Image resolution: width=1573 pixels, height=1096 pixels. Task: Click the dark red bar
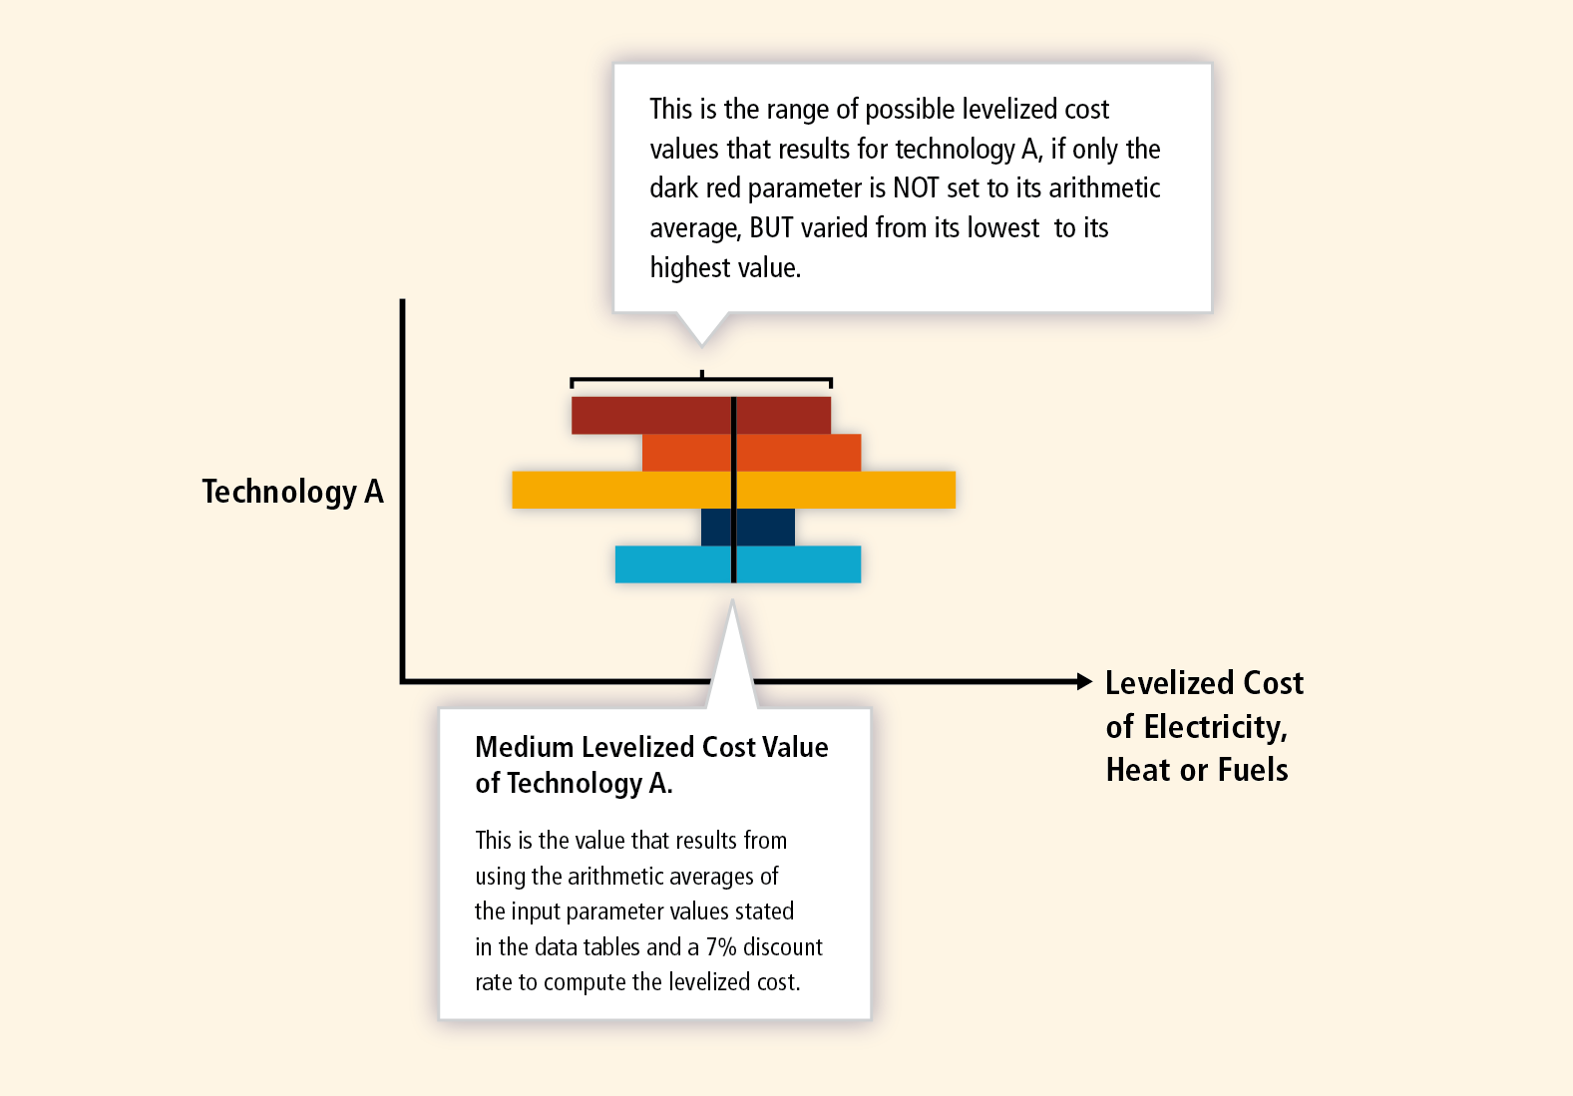pyautogui.click(x=701, y=415)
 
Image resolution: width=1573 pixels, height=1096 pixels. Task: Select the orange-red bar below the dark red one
pyautogui.click(x=751, y=453)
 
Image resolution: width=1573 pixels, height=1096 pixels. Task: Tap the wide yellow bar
pyautogui.click(x=734, y=490)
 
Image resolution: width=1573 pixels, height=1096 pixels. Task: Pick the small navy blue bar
pyautogui.click(x=748, y=528)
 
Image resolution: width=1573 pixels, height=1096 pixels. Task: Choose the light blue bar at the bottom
pyautogui.click(x=738, y=564)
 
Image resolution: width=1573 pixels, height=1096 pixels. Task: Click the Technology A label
pyautogui.click(x=293, y=492)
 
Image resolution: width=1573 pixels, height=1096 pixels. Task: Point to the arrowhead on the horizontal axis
pyautogui.click(x=1085, y=681)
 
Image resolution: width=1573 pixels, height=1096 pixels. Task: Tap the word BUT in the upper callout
pyautogui.click(x=771, y=228)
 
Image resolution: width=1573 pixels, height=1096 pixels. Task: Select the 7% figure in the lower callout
pyautogui.click(x=721, y=947)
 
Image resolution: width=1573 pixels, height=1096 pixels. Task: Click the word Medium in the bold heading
pyautogui.click(x=524, y=747)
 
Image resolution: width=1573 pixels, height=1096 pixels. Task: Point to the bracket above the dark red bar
pyautogui.click(x=701, y=380)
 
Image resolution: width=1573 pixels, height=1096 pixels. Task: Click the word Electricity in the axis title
pyautogui.click(x=1216, y=727)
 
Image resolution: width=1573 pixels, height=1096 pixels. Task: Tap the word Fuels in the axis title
pyautogui.click(x=1253, y=770)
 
